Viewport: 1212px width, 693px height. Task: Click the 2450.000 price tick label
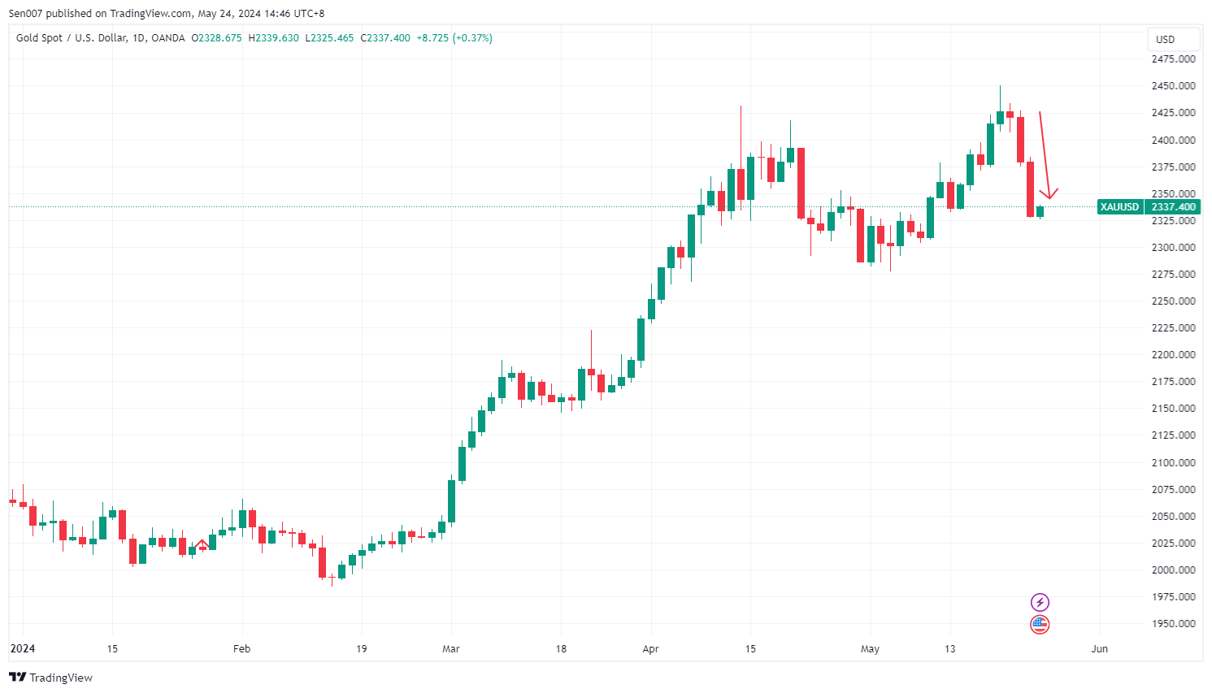pos(1173,86)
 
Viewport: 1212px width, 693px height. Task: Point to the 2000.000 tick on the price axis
pos(1173,570)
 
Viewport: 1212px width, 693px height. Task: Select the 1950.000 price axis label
pos(1173,624)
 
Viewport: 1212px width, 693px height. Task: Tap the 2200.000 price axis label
pos(1173,355)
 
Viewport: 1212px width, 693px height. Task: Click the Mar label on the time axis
pos(451,649)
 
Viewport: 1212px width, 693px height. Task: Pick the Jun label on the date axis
pos(1099,649)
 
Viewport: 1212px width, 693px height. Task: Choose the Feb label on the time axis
pos(241,649)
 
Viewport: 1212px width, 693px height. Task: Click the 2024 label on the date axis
pos(23,649)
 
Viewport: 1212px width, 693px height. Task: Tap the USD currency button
pos(1165,39)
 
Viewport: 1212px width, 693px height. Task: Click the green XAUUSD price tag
pos(1119,207)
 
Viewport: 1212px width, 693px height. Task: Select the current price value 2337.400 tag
pos(1173,207)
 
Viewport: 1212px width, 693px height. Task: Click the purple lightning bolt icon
pos(1040,602)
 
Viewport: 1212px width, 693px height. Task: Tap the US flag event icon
pos(1040,625)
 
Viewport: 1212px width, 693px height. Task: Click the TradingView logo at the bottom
pos(51,678)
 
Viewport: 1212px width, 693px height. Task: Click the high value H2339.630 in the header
pos(273,38)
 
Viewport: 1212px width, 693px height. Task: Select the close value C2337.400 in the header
pos(385,38)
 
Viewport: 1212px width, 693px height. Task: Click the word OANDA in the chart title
pos(168,38)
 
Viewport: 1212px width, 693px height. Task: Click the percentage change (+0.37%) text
pos(472,38)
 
